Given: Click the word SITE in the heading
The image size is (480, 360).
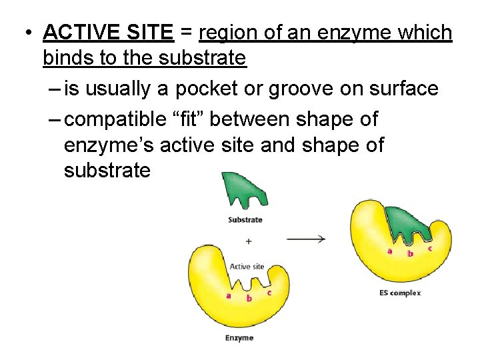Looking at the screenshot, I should click(x=151, y=32).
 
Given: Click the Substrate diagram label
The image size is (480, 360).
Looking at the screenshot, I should click(x=245, y=219).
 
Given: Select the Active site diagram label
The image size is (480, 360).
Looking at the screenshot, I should click(x=247, y=267).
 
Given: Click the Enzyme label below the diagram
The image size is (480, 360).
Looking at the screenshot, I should click(x=239, y=338).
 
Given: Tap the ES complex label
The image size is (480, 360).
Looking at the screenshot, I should click(x=399, y=293).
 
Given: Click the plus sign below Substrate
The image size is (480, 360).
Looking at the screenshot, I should click(x=249, y=241).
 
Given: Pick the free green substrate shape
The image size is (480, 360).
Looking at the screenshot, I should click(x=241, y=188).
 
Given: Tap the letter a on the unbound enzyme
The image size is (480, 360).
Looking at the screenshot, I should click(x=229, y=295).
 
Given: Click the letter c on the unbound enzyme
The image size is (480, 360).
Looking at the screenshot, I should click(x=269, y=292).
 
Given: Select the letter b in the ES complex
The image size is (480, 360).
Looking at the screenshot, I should click(x=410, y=254).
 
